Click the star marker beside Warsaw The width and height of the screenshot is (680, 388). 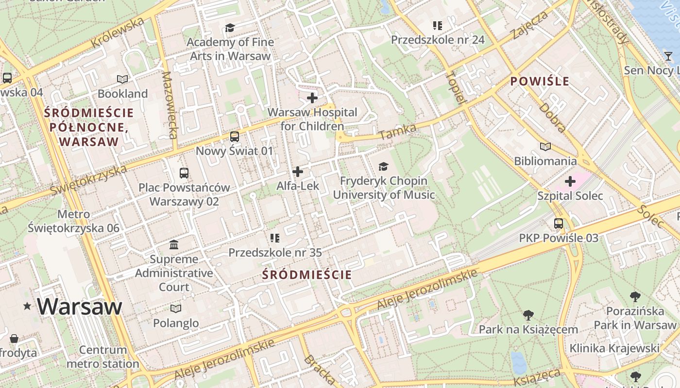[27, 306]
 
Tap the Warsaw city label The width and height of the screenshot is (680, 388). [79, 307]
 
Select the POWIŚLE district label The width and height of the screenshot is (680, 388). [540, 81]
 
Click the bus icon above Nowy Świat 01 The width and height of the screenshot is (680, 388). [235, 137]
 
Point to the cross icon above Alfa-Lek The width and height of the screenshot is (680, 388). [298, 172]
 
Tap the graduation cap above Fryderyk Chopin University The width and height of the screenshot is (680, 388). [384, 167]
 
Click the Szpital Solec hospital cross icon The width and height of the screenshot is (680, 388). [570, 182]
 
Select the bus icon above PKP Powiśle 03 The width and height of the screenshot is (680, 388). [559, 224]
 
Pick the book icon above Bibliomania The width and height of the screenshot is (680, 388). [545, 146]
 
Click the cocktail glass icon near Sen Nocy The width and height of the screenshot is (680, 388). [668, 56]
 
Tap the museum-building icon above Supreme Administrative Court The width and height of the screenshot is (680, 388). [174, 244]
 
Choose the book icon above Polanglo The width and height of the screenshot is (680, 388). [176, 308]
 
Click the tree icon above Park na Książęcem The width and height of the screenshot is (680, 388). [528, 315]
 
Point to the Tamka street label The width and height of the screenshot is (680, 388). [397, 131]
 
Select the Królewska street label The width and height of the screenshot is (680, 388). [118, 32]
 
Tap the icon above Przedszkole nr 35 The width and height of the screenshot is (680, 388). [275, 238]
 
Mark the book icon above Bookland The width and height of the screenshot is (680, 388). [122, 79]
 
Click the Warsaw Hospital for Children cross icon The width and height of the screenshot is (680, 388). [312, 98]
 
